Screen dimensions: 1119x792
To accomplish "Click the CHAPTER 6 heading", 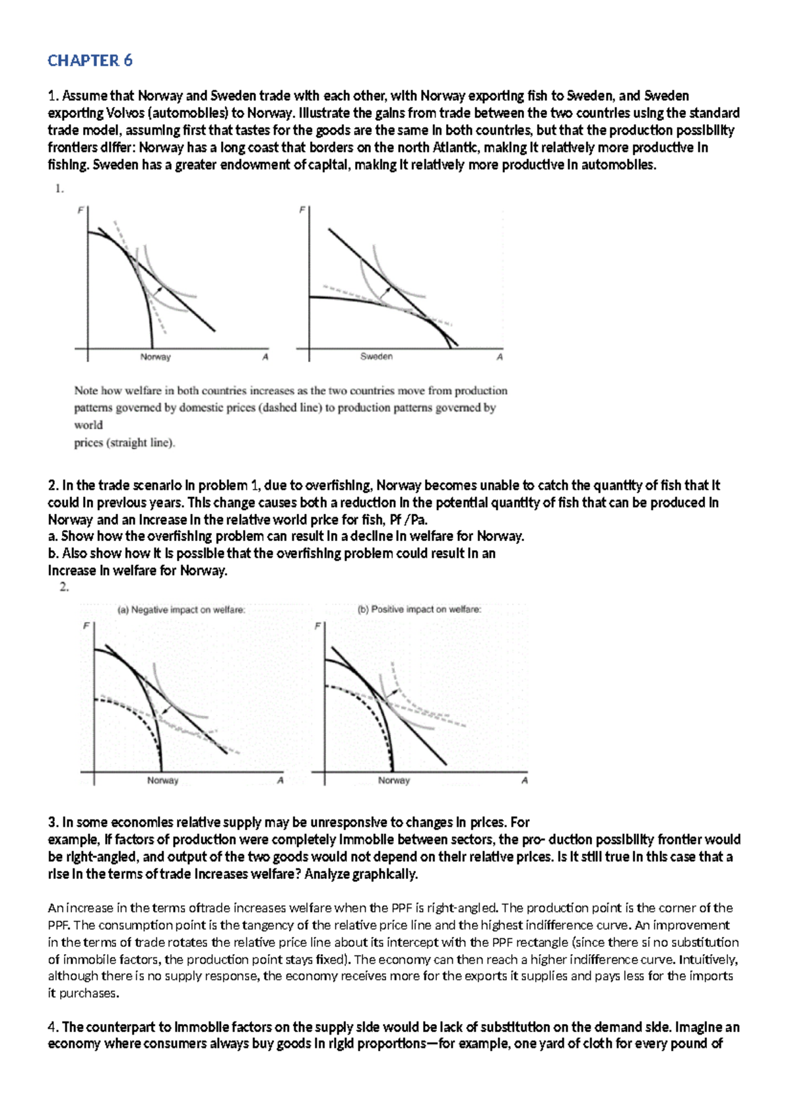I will coord(90,61).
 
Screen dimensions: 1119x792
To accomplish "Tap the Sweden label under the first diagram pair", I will coord(376,356).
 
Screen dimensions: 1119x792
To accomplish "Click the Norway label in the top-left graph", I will coord(155,357).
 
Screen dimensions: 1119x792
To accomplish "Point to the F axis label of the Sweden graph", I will coord(302,210).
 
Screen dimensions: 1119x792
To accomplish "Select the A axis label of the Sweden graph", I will coord(500,357).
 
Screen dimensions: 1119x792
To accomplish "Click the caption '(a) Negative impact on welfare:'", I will coord(181,610).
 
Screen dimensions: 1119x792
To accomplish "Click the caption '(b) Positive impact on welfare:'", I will coord(419,609).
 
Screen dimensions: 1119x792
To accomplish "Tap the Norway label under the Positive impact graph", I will coord(393,781).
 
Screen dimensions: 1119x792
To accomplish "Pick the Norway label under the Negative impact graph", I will coord(162,781).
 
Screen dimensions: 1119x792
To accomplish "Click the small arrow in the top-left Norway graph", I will coord(156,291).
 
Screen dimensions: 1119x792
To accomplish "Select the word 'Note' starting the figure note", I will coord(85,391).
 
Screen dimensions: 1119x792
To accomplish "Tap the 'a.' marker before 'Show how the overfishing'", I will coord(53,536).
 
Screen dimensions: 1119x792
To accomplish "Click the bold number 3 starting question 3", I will coord(52,823).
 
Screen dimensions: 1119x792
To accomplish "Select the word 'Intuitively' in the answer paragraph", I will coord(708,959).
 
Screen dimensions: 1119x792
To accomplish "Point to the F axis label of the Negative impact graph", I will coord(85,625).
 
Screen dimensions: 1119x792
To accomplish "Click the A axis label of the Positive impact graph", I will coord(525,781).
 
